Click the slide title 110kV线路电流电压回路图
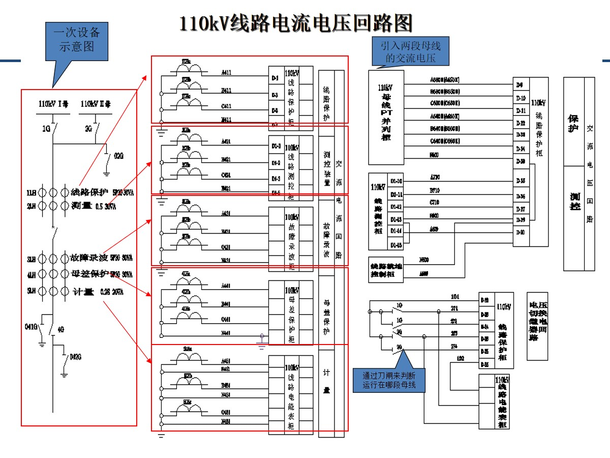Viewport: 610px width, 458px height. click(x=295, y=23)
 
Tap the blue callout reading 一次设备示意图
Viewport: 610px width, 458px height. click(x=77, y=40)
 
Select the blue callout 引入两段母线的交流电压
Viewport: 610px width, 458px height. click(x=411, y=52)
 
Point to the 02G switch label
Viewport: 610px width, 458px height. click(x=118, y=156)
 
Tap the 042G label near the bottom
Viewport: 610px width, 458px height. click(x=76, y=356)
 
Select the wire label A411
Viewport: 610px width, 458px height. click(x=226, y=73)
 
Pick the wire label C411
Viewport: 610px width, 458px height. click(x=226, y=106)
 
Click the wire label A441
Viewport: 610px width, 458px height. click(x=226, y=286)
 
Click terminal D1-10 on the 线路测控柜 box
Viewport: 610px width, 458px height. click(x=396, y=181)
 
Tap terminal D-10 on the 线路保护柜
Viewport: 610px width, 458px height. click(x=521, y=98)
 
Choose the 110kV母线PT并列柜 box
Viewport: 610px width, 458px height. click(x=386, y=117)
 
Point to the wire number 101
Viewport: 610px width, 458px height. click(x=455, y=296)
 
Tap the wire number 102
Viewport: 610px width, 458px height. click(x=461, y=359)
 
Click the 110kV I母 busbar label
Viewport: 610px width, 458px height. click(x=53, y=104)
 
